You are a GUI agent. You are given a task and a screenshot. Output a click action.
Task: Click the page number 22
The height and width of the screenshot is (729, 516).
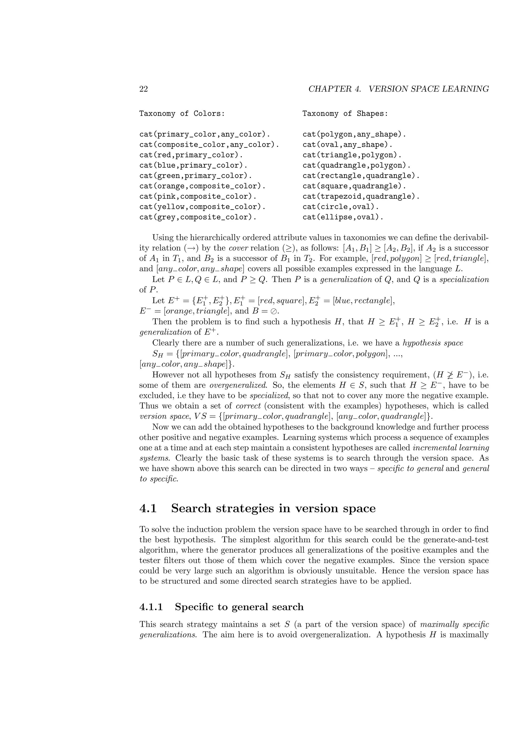pos(144,89)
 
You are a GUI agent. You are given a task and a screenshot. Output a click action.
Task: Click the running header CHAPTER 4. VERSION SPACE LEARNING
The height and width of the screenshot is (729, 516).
pos(398,89)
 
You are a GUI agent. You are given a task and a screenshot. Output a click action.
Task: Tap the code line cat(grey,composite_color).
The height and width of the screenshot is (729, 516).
pos(198,217)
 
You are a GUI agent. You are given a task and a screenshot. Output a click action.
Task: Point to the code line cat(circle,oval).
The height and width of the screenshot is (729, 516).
pos(341,207)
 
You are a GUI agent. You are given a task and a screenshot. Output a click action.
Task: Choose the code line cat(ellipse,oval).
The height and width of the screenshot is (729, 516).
pos(343,217)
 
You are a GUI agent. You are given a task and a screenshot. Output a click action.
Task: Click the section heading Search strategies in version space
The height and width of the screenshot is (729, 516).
pos(273,508)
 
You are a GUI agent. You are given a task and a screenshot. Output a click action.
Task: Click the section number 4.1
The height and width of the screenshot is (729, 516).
pos(148,508)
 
